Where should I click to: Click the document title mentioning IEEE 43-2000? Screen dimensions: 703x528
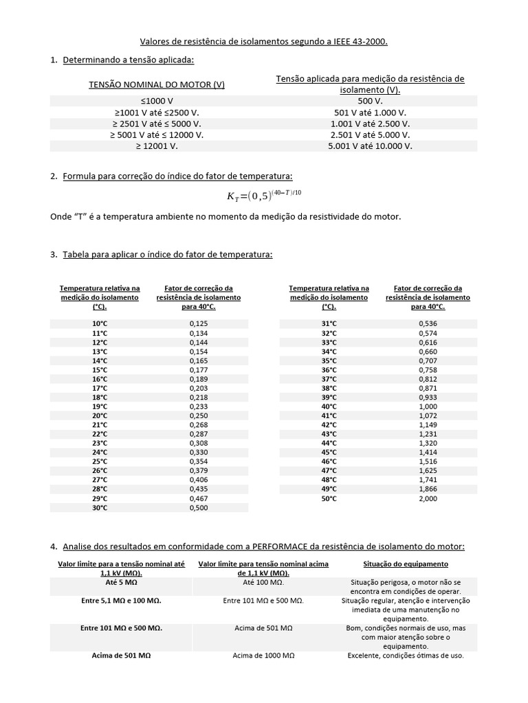(264, 42)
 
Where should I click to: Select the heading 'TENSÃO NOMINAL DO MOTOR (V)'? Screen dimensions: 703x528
(157, 84)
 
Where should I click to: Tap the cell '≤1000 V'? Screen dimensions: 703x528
(157, 100)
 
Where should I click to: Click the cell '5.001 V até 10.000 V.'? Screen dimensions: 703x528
(370, 146)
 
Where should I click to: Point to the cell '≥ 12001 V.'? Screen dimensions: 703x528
(157, 146)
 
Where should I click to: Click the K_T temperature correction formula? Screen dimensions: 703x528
(264, 196)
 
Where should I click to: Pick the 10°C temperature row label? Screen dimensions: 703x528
(100, 323)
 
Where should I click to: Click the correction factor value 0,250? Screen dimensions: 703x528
(198, 415)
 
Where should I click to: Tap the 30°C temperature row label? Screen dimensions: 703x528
(100, 507)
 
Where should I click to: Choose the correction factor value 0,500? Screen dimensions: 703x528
(198, 507)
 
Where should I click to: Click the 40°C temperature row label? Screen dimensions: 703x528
(329, 406)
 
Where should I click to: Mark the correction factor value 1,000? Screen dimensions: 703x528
(428, 406)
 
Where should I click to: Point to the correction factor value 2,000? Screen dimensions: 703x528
(428, 498)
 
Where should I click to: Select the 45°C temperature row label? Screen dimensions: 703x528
(329, 452)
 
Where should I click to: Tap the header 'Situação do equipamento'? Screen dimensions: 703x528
(406, 564)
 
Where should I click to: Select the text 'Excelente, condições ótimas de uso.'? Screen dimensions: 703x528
(406, 656)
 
